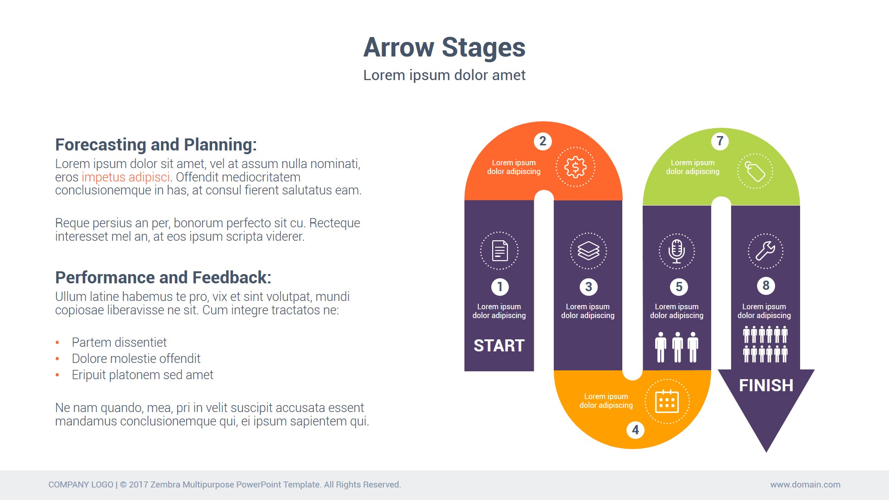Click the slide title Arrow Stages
tap(444, 47)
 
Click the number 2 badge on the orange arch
tap(543, 141)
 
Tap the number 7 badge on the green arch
tap(720, 141)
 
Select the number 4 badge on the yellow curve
tap(635, 430)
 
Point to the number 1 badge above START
tap(500, 287)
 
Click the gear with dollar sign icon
tap(576, 167)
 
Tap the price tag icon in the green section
tap(755, 172)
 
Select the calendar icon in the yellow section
tap(667, 401)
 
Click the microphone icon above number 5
tap(676, 251)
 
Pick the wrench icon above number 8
tap(765, 251)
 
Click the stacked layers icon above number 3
tap(588, 251)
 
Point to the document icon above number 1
tap(500, 251)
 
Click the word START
tap(499, 346)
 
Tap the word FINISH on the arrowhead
tap(766, 386)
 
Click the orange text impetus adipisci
tap(126, 177)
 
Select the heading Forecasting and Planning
tap(156, 145)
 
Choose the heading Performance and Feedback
tap(163, 278)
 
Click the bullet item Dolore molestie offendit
tap(136, 359)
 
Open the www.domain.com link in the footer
tap(805, 485)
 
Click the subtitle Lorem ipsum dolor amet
tap(444, 75)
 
